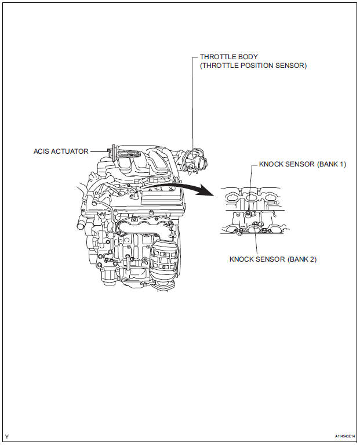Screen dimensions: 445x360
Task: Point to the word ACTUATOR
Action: pos(71,151)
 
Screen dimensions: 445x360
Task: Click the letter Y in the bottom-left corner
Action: pos(7,436)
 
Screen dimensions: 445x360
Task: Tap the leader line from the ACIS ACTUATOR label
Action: pos(98,151)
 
